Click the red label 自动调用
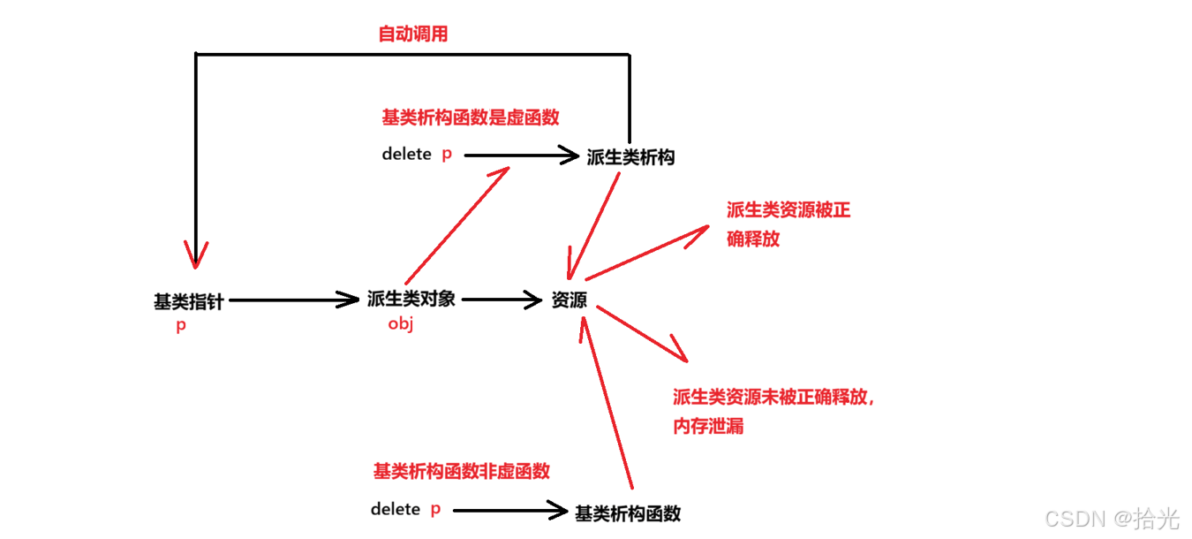click(x=413, y=34)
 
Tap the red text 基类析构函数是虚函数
click(x=471, y=118)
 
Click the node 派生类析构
click(x=630, y=157)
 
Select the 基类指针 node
click(x=189, y=301)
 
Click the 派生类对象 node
click(x=411, y=299)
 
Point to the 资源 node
click(x=570, y=300)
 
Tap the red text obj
click(x=401, y=323)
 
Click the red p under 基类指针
click(x=181, y=325)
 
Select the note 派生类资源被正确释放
click(x=788, y=224)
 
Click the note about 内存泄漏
click(x=773, y=411)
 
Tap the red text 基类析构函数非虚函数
click(x=461, y=472)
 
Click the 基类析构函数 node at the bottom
click(x=628, y=513)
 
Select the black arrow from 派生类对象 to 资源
click(x=501, y=300)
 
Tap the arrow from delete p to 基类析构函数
click(x=509, y=510)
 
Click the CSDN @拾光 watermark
click(x=1111, y=518)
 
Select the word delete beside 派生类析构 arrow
click(x=407, y=155)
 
